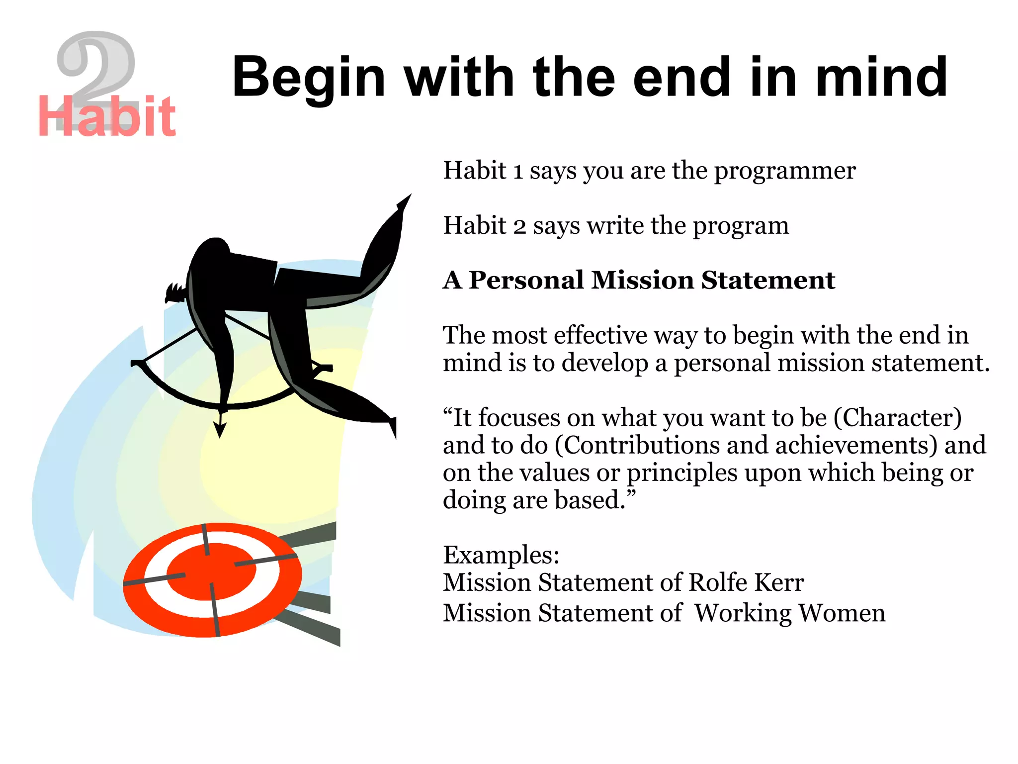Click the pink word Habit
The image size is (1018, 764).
click(106, 117)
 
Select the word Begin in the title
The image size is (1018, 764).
click(309, 78)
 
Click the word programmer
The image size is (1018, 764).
click(785, 171)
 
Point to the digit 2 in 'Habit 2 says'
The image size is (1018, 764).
click(519, 227)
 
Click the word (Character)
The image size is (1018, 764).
click(898, 418)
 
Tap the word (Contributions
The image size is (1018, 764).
click(637, 445)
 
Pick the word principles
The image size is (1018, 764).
click(681, 473)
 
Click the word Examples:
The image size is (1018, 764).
click(501, 555)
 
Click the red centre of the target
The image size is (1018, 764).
click(211, 572)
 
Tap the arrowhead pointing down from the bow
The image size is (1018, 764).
click(220, 429)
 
